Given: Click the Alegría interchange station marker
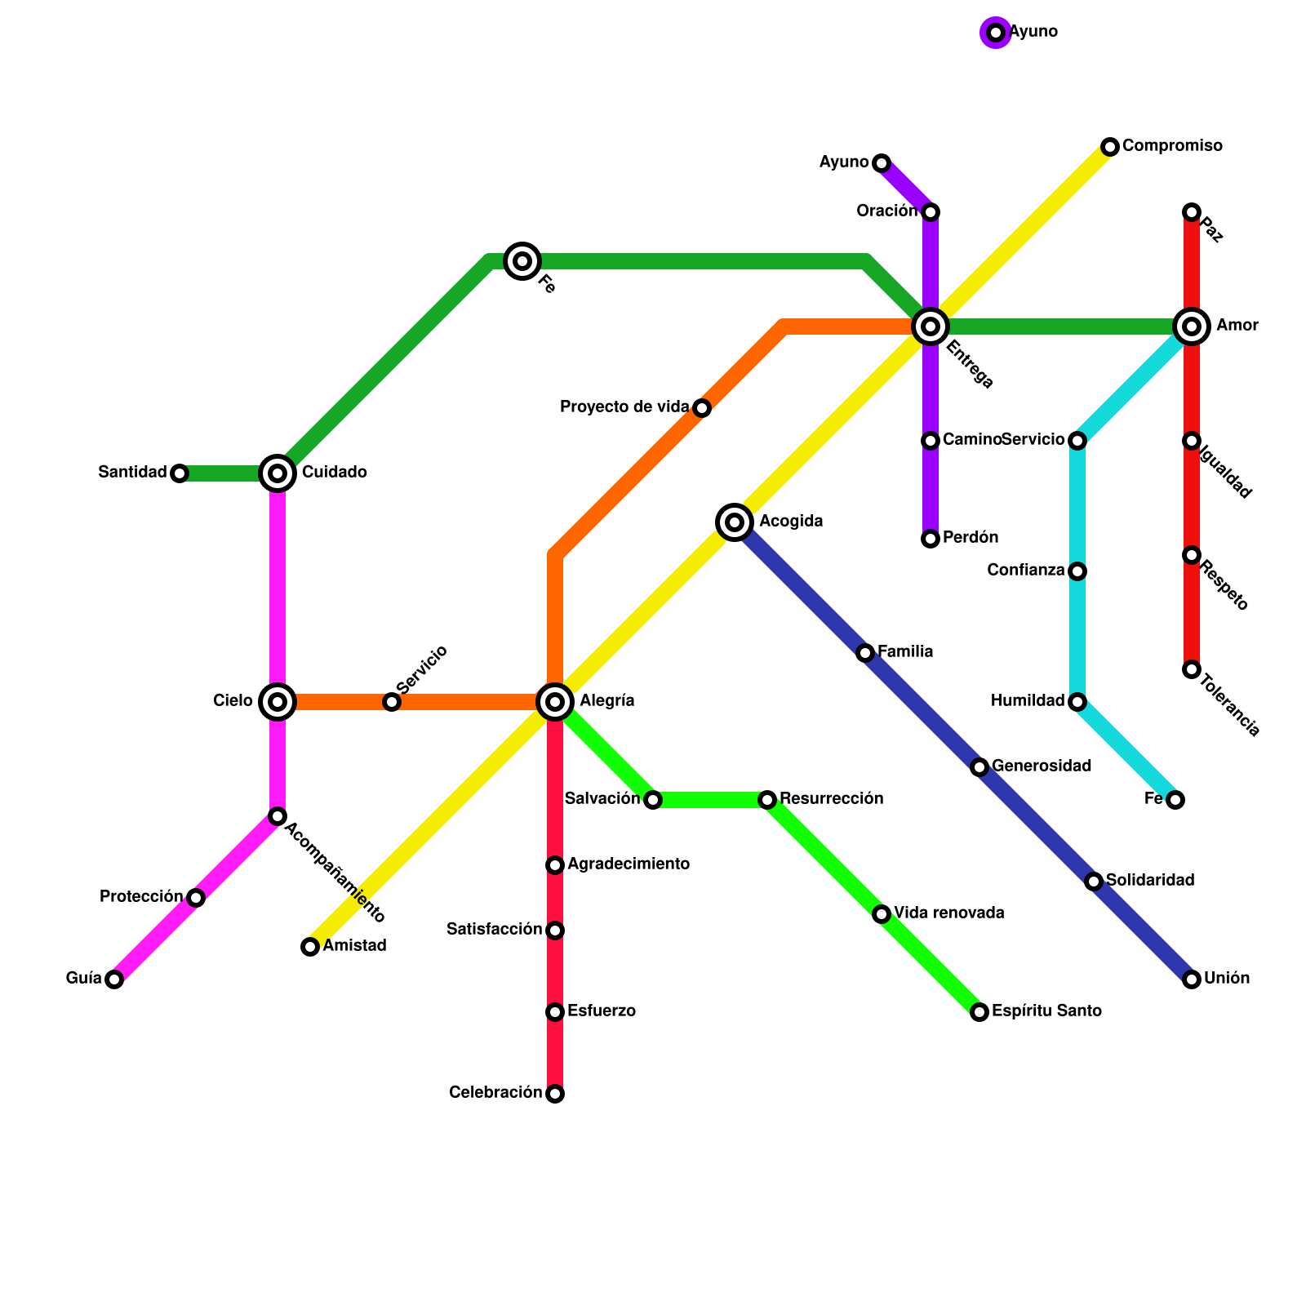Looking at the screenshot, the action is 555,701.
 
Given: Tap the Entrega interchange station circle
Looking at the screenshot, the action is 931,326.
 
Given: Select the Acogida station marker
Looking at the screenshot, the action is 735,522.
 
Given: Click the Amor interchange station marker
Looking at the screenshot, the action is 1192,326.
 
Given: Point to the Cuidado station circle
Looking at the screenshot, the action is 278,473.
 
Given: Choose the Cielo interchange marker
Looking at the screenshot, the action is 278,701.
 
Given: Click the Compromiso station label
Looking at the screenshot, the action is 1172,146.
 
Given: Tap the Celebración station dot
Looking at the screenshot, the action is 555,1094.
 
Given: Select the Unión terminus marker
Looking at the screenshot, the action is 1192,979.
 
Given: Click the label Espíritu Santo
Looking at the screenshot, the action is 1046,1011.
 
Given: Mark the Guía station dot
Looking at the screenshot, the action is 114,979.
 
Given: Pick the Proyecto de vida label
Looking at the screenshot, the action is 624,406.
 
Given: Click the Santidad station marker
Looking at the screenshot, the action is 180,473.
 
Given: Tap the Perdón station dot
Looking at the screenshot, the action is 931,539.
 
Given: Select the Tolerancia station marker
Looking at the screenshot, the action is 1192,669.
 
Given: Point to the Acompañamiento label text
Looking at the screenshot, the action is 334,873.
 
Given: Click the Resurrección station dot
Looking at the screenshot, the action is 767,800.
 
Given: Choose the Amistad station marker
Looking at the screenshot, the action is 310,947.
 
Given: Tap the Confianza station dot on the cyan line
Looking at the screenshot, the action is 1077,571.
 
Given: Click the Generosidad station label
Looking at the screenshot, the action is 1042,766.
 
